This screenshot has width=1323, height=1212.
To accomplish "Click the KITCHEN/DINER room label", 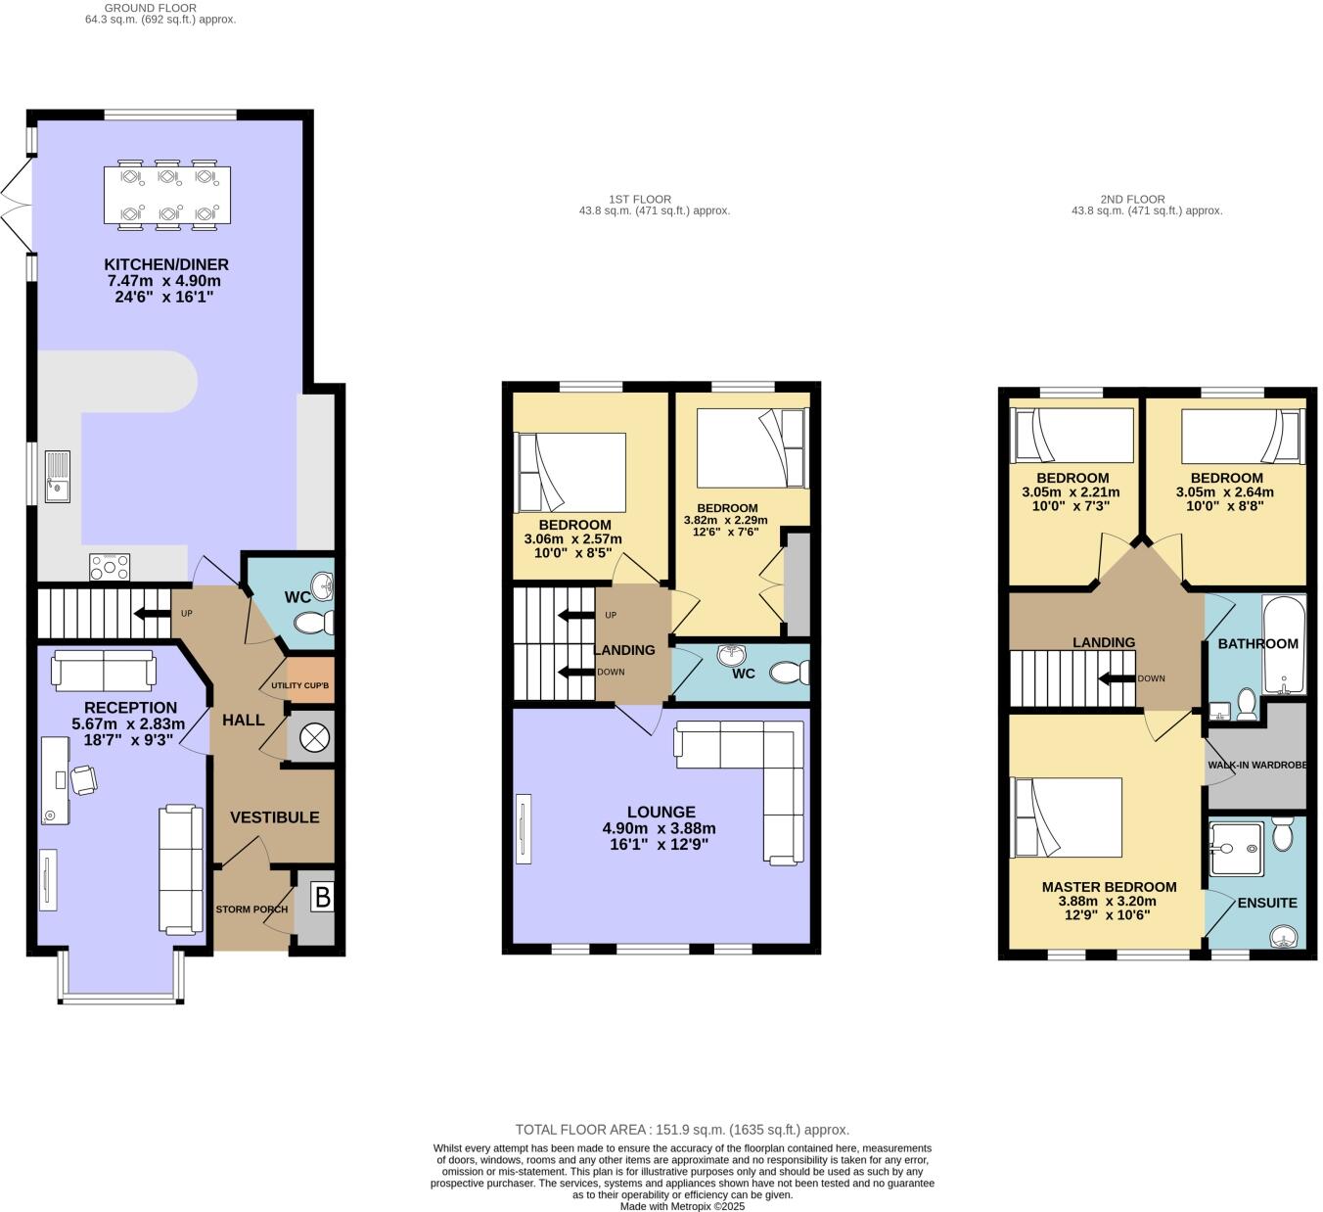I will [166, 264].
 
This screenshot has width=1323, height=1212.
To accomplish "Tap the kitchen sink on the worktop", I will [57, 475].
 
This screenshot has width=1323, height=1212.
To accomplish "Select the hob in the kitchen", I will [110, 566].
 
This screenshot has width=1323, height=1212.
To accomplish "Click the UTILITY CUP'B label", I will [299, 685].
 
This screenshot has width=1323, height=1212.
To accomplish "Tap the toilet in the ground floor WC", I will [315, 623].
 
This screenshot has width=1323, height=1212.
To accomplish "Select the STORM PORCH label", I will [251, 909].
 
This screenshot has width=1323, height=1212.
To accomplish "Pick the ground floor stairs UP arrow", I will [149, 614].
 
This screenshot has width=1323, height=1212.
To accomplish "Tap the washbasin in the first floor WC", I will [730, 655].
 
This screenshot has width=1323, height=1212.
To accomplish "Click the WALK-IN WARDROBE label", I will [1256, 765].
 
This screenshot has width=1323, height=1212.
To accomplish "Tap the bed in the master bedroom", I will [1067, 818].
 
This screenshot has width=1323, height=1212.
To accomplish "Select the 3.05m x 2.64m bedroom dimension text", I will [1226, 492].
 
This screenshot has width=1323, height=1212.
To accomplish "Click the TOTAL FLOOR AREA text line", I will [682, 1129].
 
